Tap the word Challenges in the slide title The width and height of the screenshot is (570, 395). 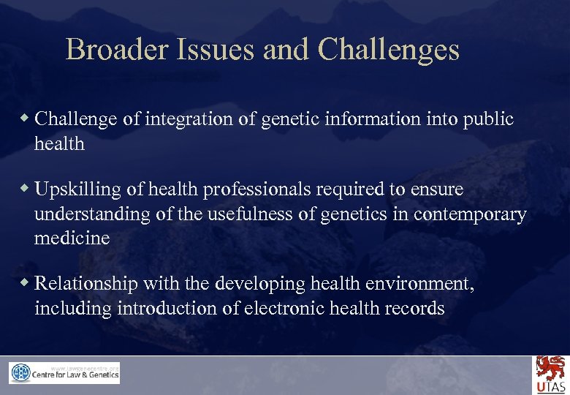[x=388, y=50]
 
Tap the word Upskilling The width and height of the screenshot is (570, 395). [x=79, y=189]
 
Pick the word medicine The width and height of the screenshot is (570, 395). [x=72, y=238]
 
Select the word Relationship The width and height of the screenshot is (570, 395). [x=87, y=283]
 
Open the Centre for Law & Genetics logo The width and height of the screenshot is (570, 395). [x=64, y=373]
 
